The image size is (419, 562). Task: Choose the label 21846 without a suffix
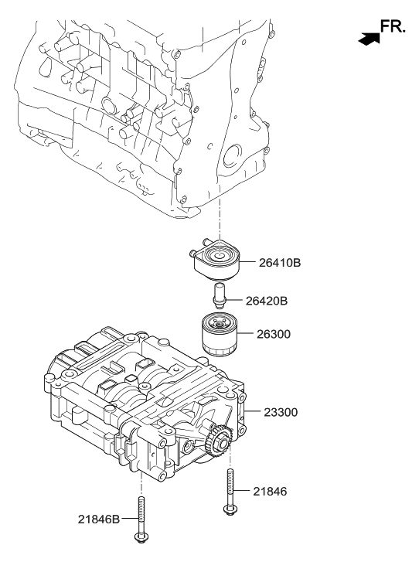pos(269,490)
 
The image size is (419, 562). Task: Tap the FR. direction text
pos(393,28)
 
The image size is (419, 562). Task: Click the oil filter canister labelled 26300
pos(220,335)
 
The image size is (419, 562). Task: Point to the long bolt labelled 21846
pos(230,487)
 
